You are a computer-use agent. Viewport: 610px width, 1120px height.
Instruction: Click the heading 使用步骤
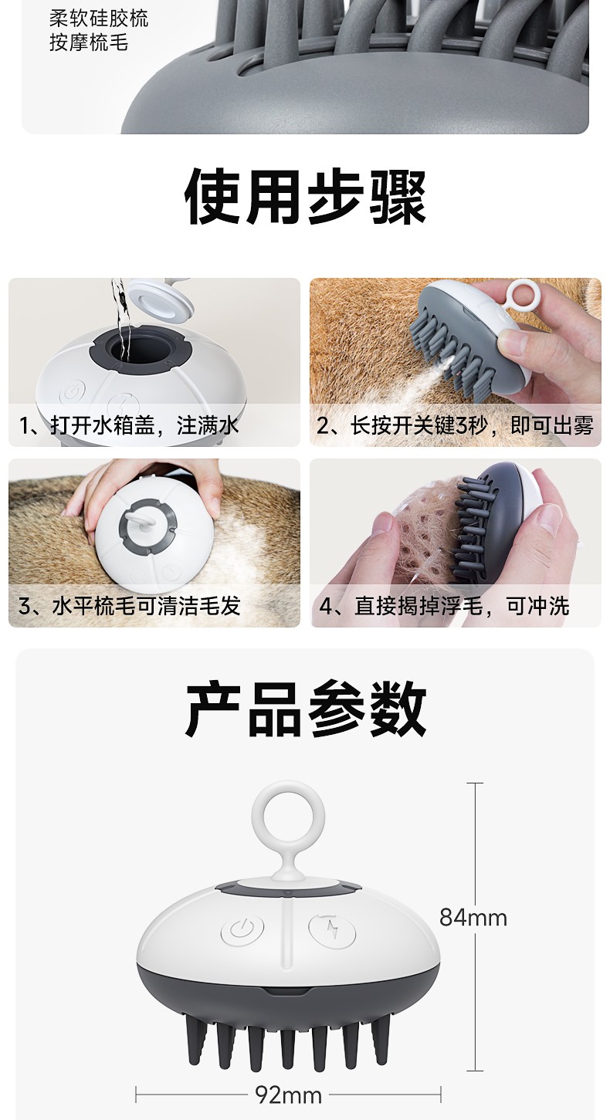tap(305, 196)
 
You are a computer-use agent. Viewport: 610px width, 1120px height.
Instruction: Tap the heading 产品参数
tap(306, 709)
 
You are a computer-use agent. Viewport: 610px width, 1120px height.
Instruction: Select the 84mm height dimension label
tap(473, 918)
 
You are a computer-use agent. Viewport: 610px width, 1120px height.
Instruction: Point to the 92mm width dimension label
tap(289, 1095)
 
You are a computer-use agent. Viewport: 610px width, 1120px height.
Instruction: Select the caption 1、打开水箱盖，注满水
tap(129, 426)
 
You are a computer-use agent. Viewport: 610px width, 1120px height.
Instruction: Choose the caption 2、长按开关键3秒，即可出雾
tap(455, 426)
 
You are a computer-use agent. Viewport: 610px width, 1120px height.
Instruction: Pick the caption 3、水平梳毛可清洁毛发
tap(129, 606)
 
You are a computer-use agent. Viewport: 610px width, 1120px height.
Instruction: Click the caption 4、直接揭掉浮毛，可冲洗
tap(444, 606)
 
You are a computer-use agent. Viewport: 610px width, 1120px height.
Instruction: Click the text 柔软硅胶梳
tap(99, 19)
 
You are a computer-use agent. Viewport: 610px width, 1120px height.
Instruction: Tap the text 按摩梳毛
tap(89, 42)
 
